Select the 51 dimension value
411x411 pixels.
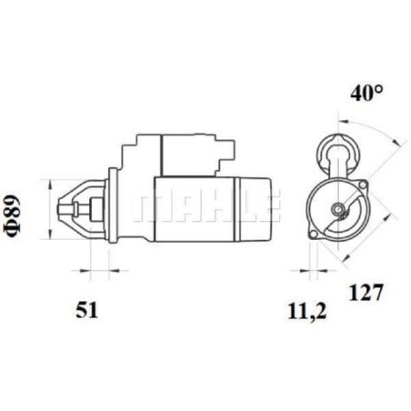pyautogui.click(x=87, y=310)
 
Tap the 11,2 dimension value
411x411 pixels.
pyautogui.click(x=306, y=311)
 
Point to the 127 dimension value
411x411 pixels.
pyautogui.click(x=366, y=293)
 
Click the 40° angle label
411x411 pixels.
pyautogui.click(x=366, y=93)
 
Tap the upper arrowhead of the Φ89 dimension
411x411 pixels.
pyautogui.click(x=50, y=184)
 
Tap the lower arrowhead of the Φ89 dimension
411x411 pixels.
pyautogui.click(x=50, y=234)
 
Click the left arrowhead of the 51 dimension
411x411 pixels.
pyautogui.click(x=85, y=270)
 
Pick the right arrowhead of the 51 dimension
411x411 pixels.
pyautogui.click(x=114, y=270)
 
